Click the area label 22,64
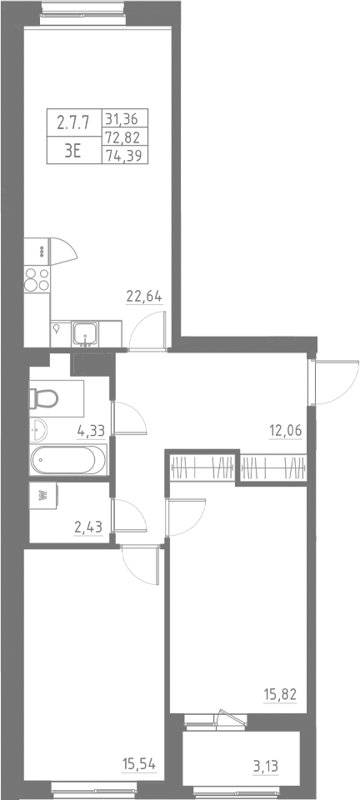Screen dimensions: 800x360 click(142, 296)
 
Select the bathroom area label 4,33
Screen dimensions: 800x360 click(90, 431)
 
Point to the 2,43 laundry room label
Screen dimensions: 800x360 click(90, 527)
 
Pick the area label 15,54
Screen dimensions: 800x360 click(139, 763)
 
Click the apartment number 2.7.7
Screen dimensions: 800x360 click(72, 123)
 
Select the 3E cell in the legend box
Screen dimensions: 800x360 click(72, 152)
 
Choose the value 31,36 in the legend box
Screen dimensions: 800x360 click(123, 117)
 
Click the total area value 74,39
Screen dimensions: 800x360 click(123, 155)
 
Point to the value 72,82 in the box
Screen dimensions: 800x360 click(123, 137)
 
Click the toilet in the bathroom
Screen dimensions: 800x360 click(44, 398)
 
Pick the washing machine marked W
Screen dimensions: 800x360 click(42, 494)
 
